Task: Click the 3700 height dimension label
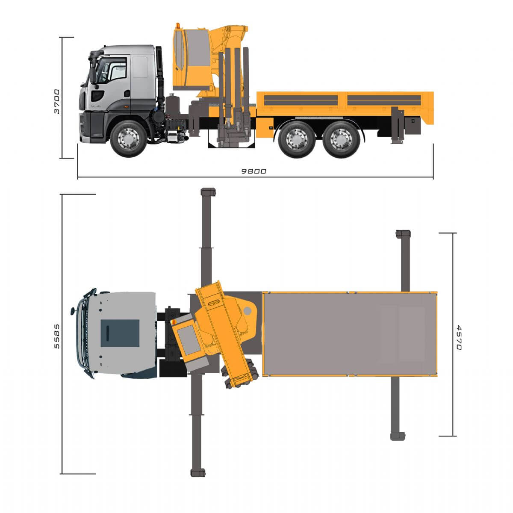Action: [x=57, y=101]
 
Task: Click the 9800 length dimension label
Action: [x=254, y=171]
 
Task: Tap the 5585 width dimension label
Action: [x=57, y=336]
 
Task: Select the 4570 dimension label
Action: [x=459, y=337]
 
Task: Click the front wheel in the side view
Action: [x=128, y=139]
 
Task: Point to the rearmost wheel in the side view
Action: [x=342, y=139]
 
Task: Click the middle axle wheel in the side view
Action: [x=297, y=139]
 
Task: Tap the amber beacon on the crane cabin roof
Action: [x=178, y=26]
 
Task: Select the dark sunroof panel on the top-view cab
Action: [x=120, y=333]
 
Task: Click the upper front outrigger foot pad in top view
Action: [x=208, y=192]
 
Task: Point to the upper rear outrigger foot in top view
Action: [x=403, y=234]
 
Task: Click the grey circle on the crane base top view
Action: [x=248, y=310]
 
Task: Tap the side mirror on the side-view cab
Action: [x=93, y=75]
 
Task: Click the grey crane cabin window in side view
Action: [x=198, y=48]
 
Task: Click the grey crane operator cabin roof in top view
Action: [x=189, y=340]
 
